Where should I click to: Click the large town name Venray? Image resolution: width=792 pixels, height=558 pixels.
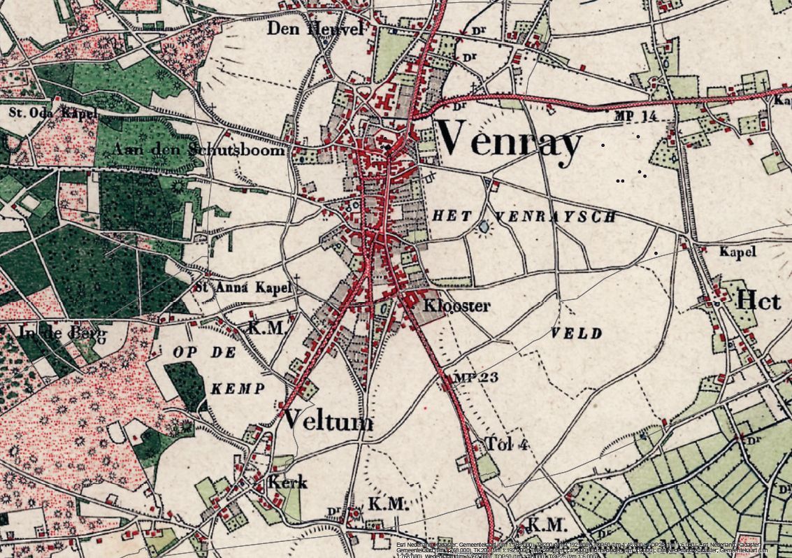click(510, 142)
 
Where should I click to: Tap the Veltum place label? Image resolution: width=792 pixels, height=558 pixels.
click(328, 421)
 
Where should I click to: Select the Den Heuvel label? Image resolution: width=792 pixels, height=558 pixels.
click(316, 29)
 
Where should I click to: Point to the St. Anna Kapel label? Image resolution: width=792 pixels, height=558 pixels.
click(242, 287)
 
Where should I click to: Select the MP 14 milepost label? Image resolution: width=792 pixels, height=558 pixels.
click(635, 116)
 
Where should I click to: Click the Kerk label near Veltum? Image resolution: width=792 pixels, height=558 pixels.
click(287, 482)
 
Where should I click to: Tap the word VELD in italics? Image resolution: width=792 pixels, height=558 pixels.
click(577, 334)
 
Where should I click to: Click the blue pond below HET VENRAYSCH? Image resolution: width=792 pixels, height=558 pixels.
click(484, 227)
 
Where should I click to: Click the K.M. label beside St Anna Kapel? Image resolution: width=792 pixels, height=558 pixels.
click(265, 328)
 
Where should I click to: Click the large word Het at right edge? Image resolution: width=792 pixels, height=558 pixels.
click(764, 301)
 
